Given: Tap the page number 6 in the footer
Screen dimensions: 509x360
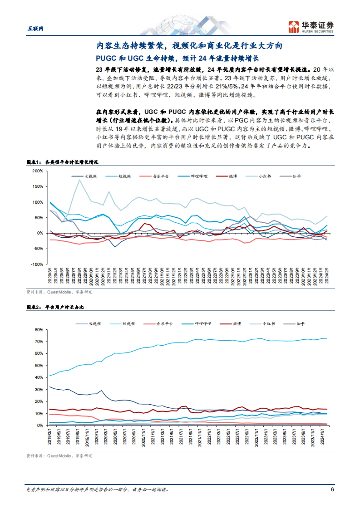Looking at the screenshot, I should click(x=332, y=490).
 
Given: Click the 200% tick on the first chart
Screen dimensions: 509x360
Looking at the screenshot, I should click(x=38, y=171).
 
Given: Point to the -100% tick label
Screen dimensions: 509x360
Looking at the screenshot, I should click(x=37, y=264).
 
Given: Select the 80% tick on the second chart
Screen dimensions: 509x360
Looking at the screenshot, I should click(x=39, y=330).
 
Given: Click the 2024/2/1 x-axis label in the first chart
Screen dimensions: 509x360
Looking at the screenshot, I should click(x=327, y=276).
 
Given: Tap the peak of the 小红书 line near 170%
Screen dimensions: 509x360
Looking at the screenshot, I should click(x=79, y=180).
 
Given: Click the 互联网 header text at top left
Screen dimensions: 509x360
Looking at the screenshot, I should click(x=35, y=28).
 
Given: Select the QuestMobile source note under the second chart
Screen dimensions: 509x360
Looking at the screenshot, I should click(x=59, y=456).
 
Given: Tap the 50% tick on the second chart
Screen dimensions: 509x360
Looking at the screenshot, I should click(x=39, y=366).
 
